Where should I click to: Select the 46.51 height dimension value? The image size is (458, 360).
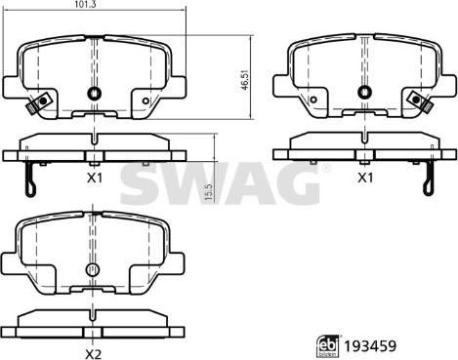pos(245,80)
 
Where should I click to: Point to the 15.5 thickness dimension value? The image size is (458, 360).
pos(209,192)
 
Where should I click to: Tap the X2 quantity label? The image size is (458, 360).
pos(94,353)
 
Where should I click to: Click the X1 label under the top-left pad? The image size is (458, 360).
pos(95,178)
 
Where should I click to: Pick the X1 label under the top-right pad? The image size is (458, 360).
pos(365,178)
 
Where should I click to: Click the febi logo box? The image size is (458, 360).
pos(327,346)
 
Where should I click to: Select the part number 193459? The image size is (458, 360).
pos(370,346)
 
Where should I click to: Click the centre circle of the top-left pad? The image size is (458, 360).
pos(95,94)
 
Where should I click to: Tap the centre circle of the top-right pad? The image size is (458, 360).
pos(365,92)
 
